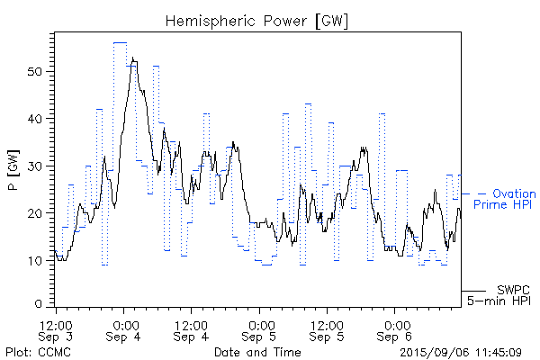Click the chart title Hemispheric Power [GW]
click(x=257, y=20)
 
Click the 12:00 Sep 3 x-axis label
click(x=57, y=329)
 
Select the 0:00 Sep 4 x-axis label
click(x=124, y=329)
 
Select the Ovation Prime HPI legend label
click(x=504, y=199)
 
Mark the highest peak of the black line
click(x=133, y=58)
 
